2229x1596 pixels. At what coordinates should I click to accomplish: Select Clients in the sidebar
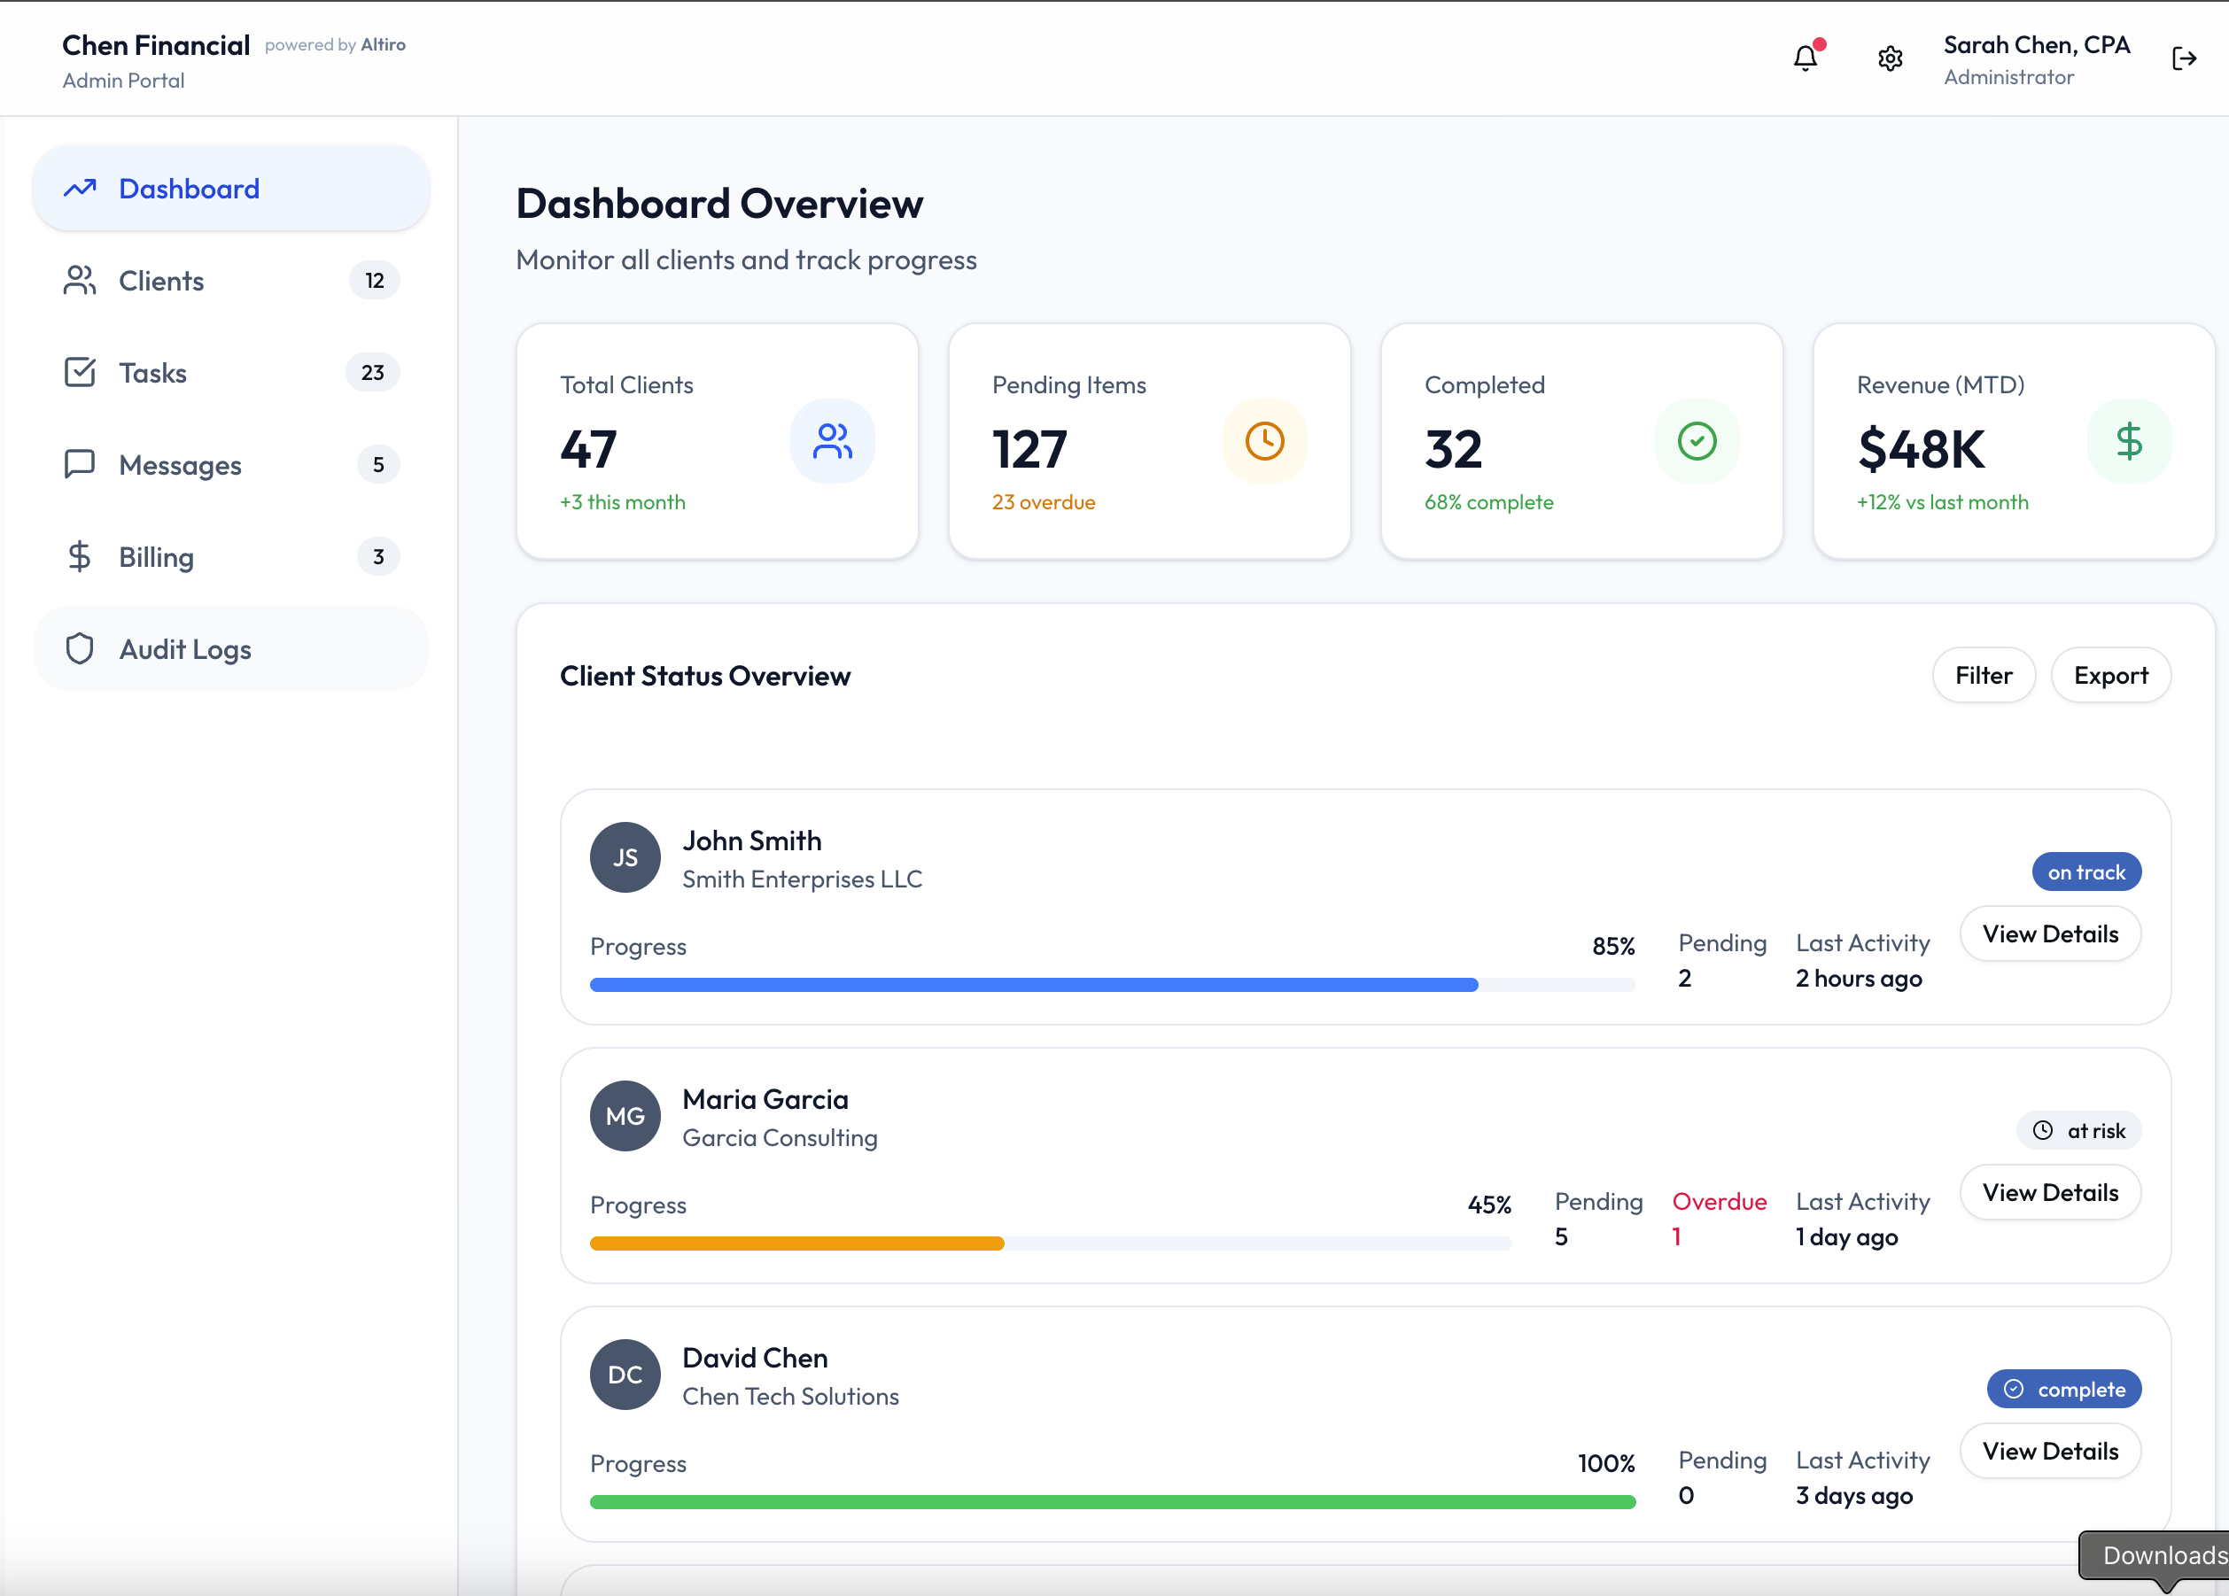click(x=161, y=281)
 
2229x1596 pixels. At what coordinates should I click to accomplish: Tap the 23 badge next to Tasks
click(x=372, y=373)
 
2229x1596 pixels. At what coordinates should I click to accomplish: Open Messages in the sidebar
click(x=180, y=465)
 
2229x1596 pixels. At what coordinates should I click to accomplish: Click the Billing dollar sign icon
click(x=80, y=557)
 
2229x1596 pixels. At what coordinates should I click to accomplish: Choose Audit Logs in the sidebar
click(x=185, y=649)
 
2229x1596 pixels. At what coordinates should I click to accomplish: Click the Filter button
click(x=1984, y=675)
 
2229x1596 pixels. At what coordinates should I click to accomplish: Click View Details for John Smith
click(x=2050, y=934)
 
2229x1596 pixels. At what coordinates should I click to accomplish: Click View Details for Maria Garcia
click(x=2050, y=1192)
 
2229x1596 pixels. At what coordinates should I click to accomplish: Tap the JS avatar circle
click(x=625, y=857)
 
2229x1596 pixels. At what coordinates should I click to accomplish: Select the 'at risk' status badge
click(x=2079, y=1130)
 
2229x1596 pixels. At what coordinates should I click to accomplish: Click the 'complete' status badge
click(x=2065, y=1389)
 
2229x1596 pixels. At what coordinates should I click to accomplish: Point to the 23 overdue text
click(x=1044, y=502)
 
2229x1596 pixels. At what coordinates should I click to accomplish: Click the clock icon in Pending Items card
click(x=1265, y=441)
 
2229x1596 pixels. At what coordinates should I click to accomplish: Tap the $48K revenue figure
click(x=1922, y=449)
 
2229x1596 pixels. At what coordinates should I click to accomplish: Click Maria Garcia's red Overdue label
click(x=1719, y=1201)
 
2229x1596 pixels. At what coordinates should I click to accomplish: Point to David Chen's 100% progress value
click(x=1606, y=1463)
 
